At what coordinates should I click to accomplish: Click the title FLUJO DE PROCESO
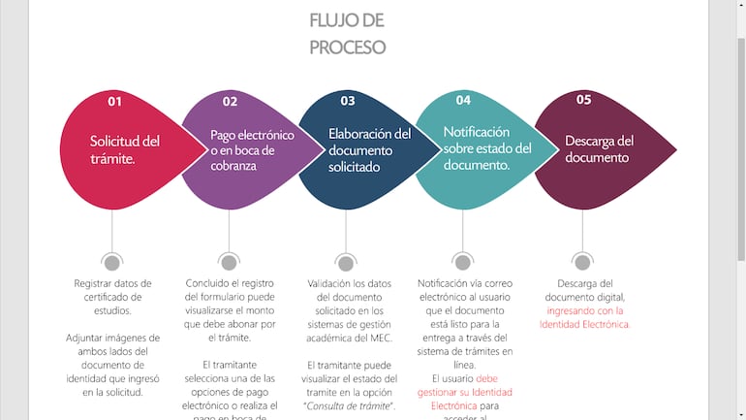click(x=347, y=33)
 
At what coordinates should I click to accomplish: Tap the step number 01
click(x=115, y=101)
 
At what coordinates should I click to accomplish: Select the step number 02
click(x=230, y=101)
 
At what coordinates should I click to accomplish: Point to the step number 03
click(x=348, y=100)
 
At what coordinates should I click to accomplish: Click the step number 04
click(x=463, y=99)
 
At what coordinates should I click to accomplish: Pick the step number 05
click(x=583, y=99)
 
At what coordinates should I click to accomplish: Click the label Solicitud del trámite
click(x=124, y=149)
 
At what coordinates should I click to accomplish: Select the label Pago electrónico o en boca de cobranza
click(x=251, y=150)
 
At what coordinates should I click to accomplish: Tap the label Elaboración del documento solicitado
click(x=369, y=149)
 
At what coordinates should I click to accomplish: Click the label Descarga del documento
click(x=599, y=148)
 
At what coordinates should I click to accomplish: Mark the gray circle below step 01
click(x=112, y=262)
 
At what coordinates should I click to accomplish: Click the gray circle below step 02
click(x=229, y=262)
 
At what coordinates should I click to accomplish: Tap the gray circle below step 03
click(x=346, y=262)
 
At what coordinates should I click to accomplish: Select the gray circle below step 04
click(x=463, y=262)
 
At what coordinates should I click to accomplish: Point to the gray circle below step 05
click(x=582, y=262)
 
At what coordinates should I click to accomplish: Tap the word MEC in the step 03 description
click(x=380, y=338)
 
